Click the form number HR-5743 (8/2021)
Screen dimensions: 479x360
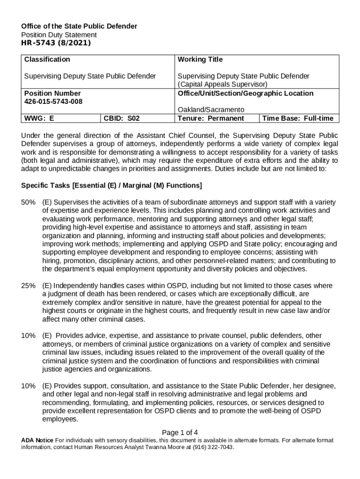(x=56, y=44)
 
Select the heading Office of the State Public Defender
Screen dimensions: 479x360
(x=79, y=26)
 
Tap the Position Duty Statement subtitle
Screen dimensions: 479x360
(x=59, y=35)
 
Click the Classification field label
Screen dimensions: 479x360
(x=47, y=59)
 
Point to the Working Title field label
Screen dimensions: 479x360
(x=200, y=59)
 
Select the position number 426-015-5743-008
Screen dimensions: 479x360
(x=56, y=102)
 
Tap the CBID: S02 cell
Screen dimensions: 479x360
(x=122, y=118)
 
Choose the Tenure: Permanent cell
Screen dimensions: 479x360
(x=211, y=118)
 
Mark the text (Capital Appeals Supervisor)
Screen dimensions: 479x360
(x=223, y=84)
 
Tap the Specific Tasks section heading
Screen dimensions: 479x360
(x=112, y=186)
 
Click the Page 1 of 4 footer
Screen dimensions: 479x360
(x=180, y=432)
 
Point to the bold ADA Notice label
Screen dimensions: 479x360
(x=37, y=441)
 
